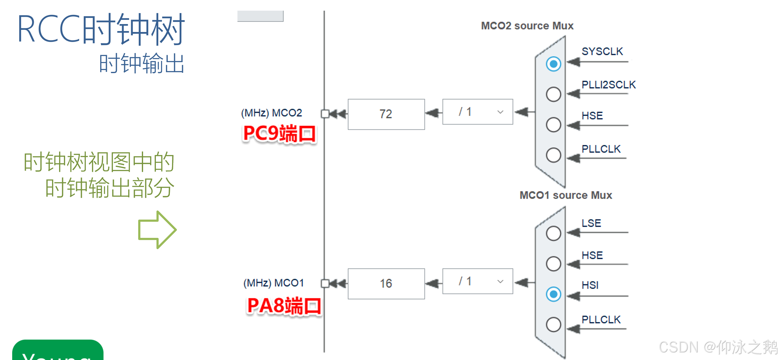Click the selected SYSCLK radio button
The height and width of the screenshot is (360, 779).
pyautogui.click(x=553, y=64)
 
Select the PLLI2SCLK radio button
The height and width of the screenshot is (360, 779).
pyautogui.click(x=553, y=94)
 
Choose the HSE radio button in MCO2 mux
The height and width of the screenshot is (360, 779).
pyautogui.click(x=553, y=125)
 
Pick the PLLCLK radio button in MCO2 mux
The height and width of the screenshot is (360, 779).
pyautogui.click(x=553, y=155)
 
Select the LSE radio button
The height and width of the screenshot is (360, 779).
pyautogui.click(x=553, y=233)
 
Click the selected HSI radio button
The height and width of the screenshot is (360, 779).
pyautogui.click(x=553, y=294)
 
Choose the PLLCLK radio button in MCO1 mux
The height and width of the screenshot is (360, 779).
pyautogui.click(x=553, y=324)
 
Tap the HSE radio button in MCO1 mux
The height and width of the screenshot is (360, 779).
pyautogui.click(x=553, y=264)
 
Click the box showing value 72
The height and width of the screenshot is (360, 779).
pyautogui.click(x=386, y=114)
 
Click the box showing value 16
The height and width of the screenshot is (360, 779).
pyautogui.click(x=386, y=284)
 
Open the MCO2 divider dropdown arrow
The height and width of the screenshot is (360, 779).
pyautogui.click(x=500, y=112)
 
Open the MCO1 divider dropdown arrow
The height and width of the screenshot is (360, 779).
pyautogui.click(x=500, y=281)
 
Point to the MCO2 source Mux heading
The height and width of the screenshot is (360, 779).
pyautogui.click(x=527, y=26)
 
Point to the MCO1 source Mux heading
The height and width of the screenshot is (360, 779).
pyautogui.click(x=566, y=195)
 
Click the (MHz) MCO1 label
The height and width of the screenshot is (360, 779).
pyautogui.click(x=273, y=283)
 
